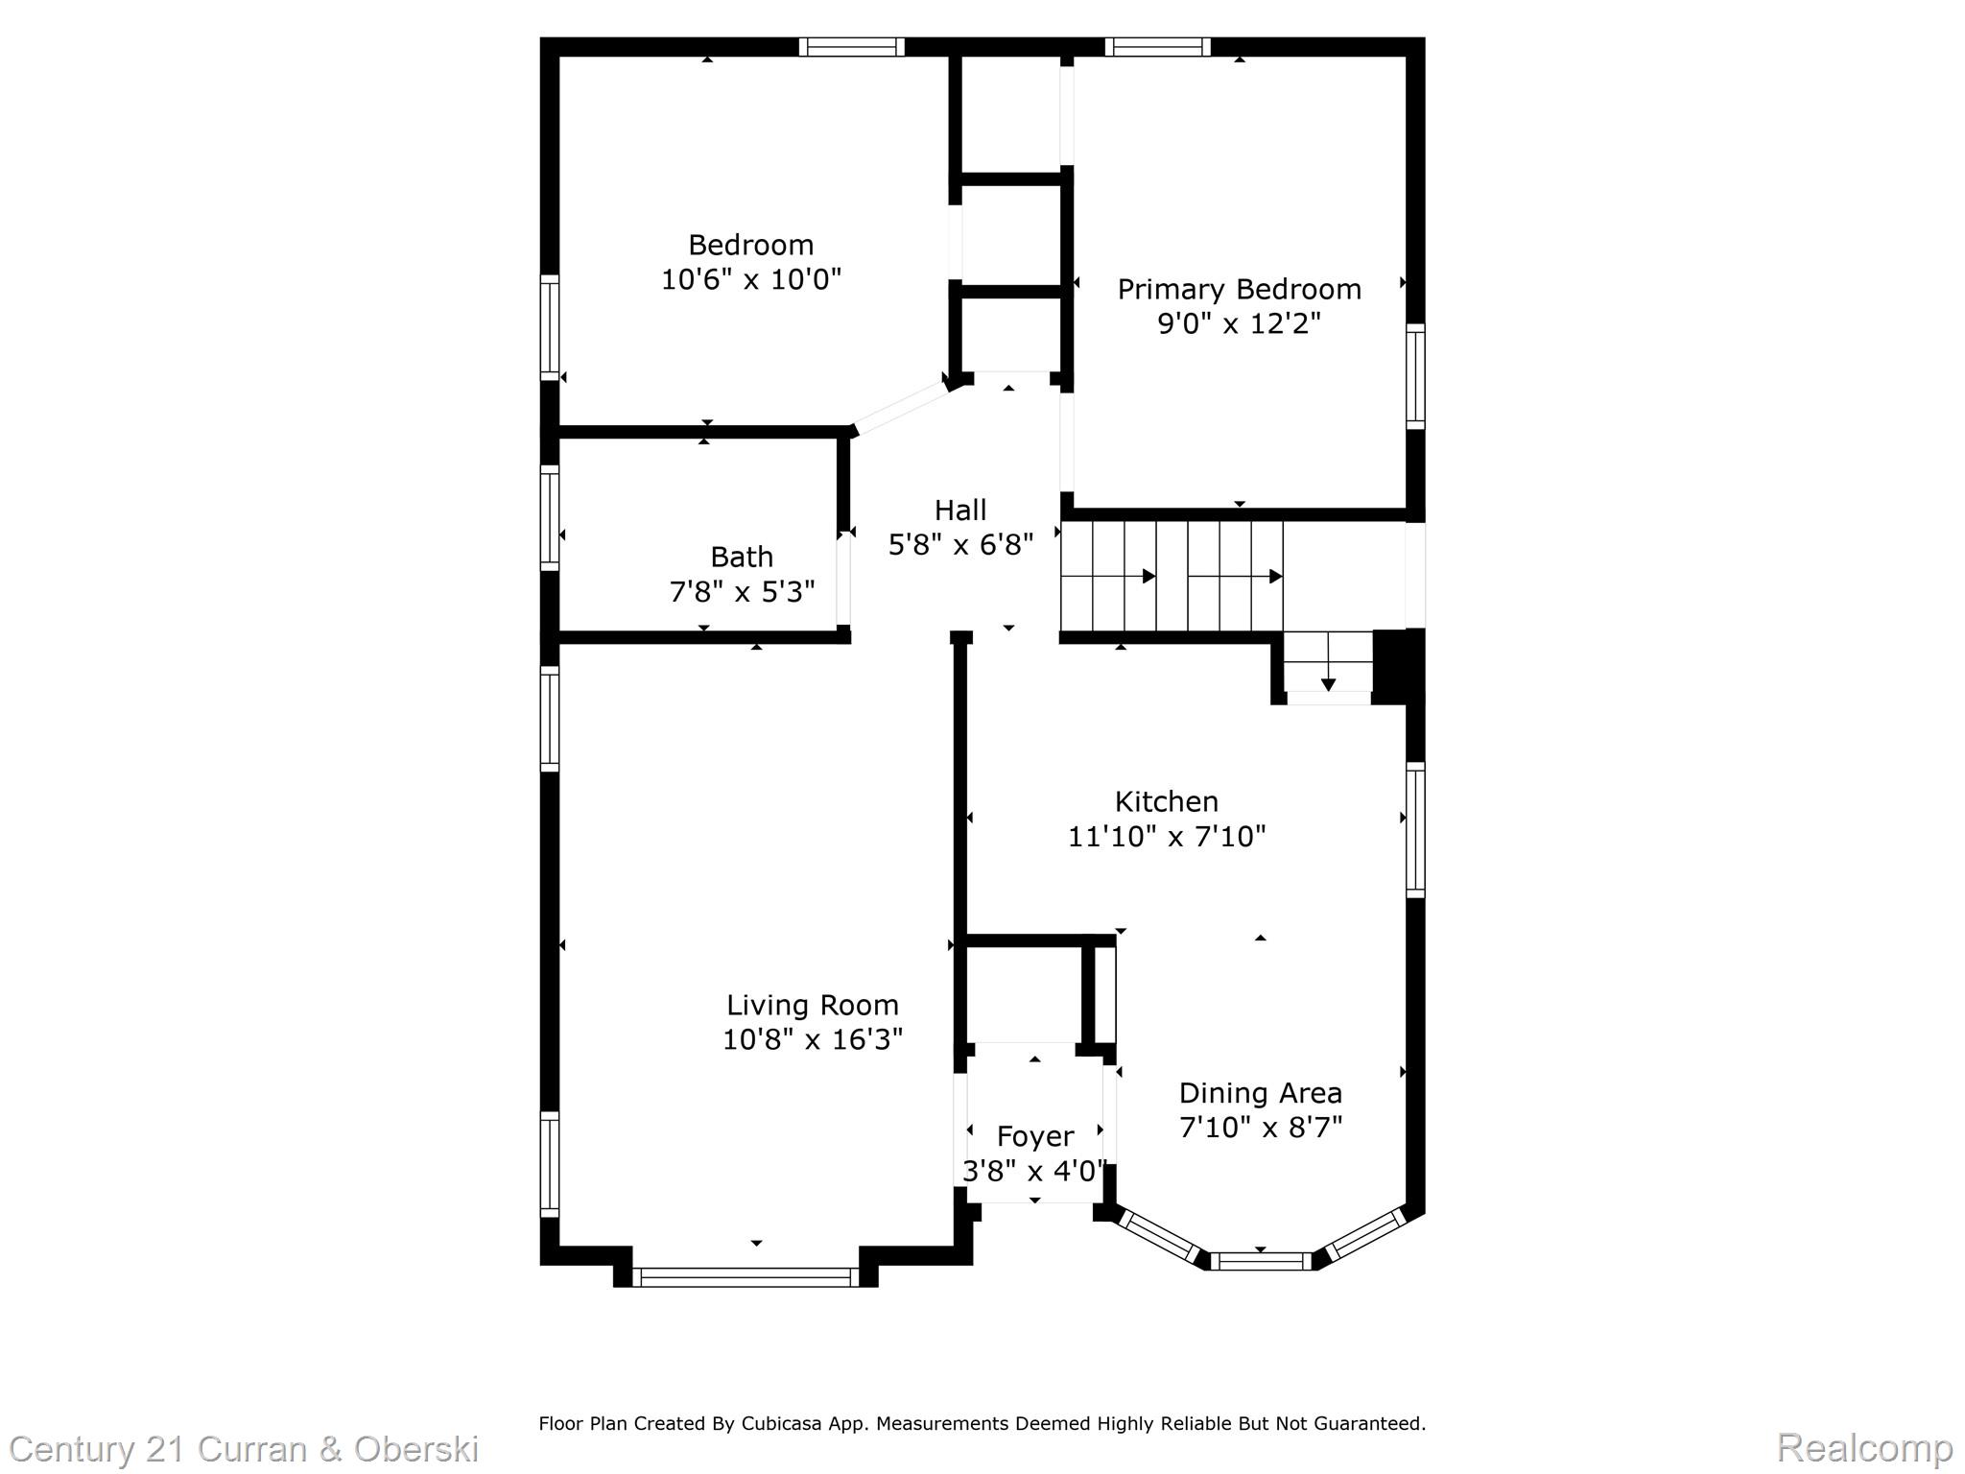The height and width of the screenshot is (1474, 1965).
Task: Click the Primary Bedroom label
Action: tap(1239, 290)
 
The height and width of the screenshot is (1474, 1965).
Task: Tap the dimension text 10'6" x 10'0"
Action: tap(751, 279)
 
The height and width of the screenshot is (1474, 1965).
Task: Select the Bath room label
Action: tap(741, 557)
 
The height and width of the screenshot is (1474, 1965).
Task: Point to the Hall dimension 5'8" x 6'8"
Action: tap(960, 545)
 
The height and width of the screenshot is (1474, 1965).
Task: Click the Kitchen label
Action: tap(1166, 801)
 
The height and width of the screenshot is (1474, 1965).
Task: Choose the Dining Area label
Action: tap(1260, 1093)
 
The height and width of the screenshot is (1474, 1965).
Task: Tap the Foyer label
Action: tap(1034, 1136)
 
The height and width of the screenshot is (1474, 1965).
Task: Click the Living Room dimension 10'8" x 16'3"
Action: tap(812, 1039)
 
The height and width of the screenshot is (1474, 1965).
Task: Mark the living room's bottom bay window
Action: tap(746, 1276)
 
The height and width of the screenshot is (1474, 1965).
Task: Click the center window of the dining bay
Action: tap(1260, 1261)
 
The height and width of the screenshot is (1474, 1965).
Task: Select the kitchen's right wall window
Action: tap(1415, 830)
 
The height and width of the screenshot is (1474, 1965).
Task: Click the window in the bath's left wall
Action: tap(549, 518)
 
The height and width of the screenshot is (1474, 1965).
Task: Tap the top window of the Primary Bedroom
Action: tap(1157, 47)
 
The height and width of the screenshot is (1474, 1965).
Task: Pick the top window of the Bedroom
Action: tap(852, 47)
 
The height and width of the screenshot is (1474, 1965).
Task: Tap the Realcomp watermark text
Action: tap(1864, 1447)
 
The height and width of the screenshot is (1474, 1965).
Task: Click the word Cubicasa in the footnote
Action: tap(780, 1423)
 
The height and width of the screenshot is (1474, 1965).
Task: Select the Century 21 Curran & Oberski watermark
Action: tap(244, 1448)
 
